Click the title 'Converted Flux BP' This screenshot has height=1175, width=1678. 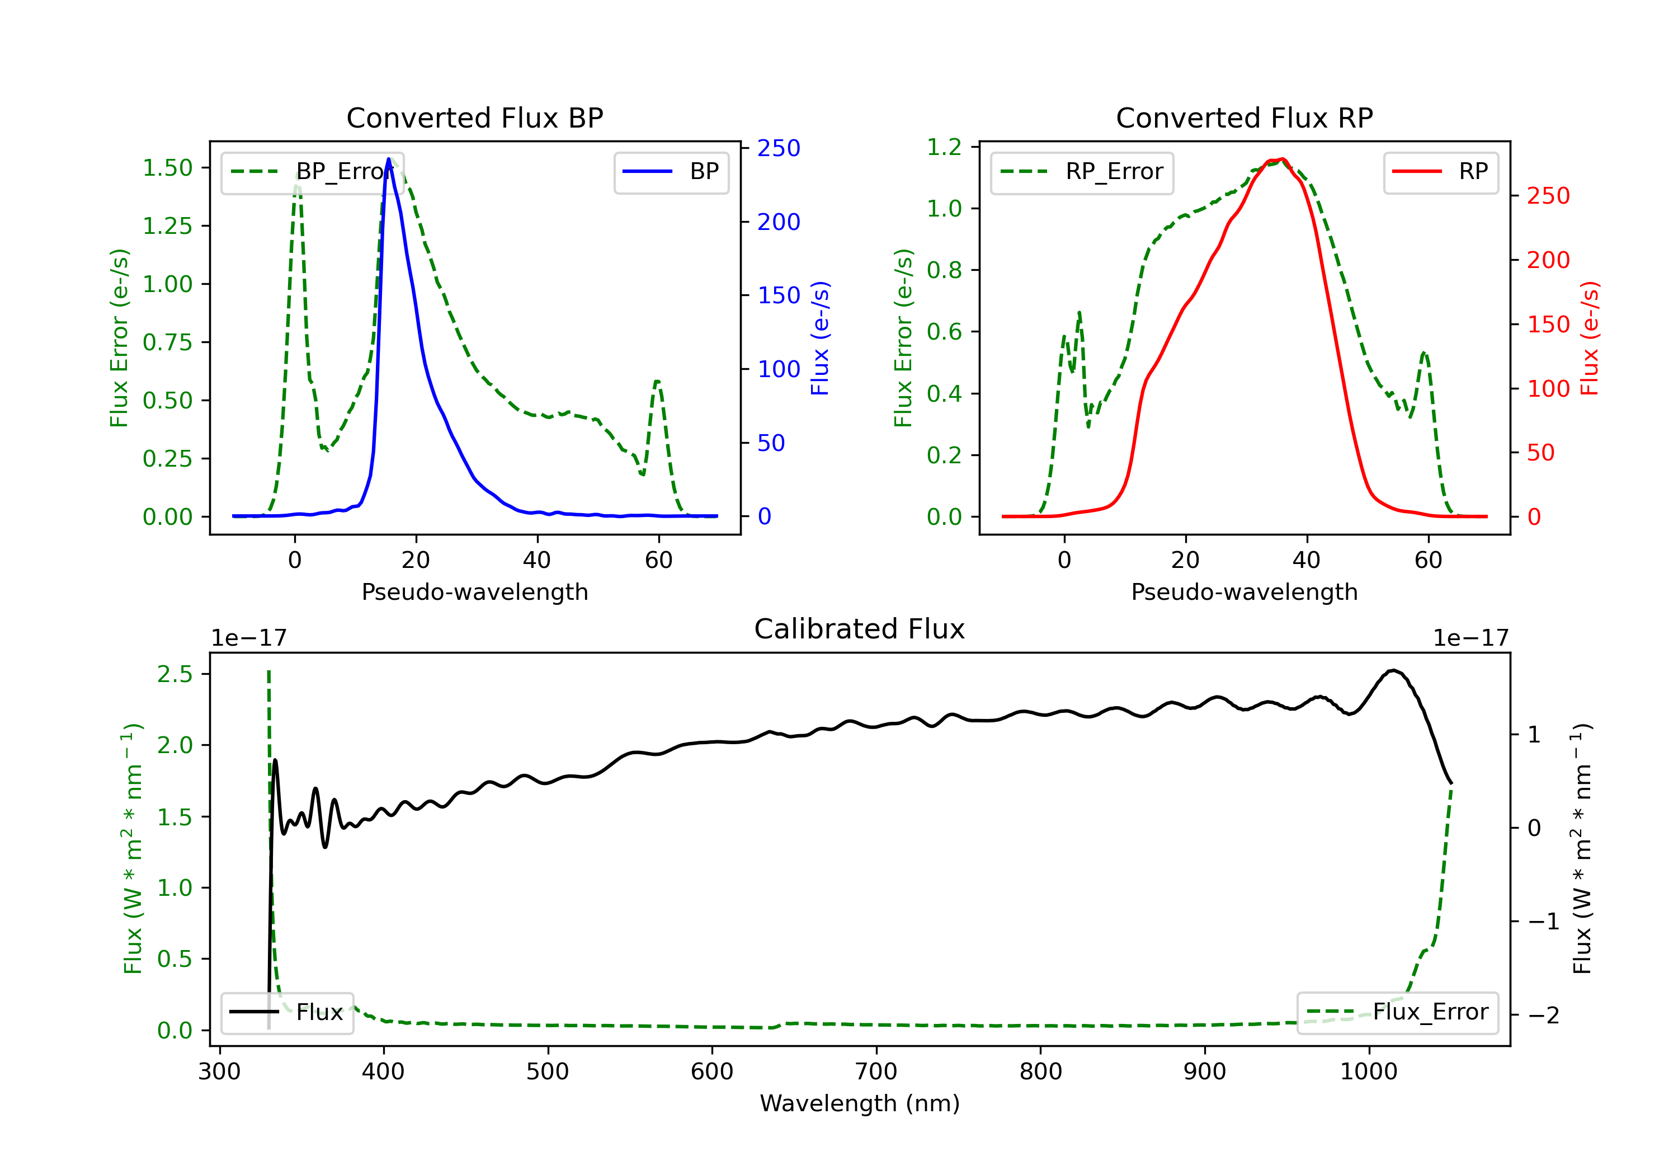474,117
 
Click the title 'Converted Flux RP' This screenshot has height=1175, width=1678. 1244,117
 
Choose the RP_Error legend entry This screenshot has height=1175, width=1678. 1082,172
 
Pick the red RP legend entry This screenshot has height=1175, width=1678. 1440,172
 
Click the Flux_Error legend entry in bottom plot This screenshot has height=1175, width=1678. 1397,1012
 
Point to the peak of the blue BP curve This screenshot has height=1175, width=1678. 389,159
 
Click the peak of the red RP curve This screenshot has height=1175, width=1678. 1282,159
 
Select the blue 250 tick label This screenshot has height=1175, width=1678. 779,148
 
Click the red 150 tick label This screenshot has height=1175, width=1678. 1548,324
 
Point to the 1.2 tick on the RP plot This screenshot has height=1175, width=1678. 944,147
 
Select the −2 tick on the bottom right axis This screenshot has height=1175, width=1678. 1544,1015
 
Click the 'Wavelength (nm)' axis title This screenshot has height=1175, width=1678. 860,1103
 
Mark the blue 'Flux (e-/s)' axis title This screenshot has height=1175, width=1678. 820,338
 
